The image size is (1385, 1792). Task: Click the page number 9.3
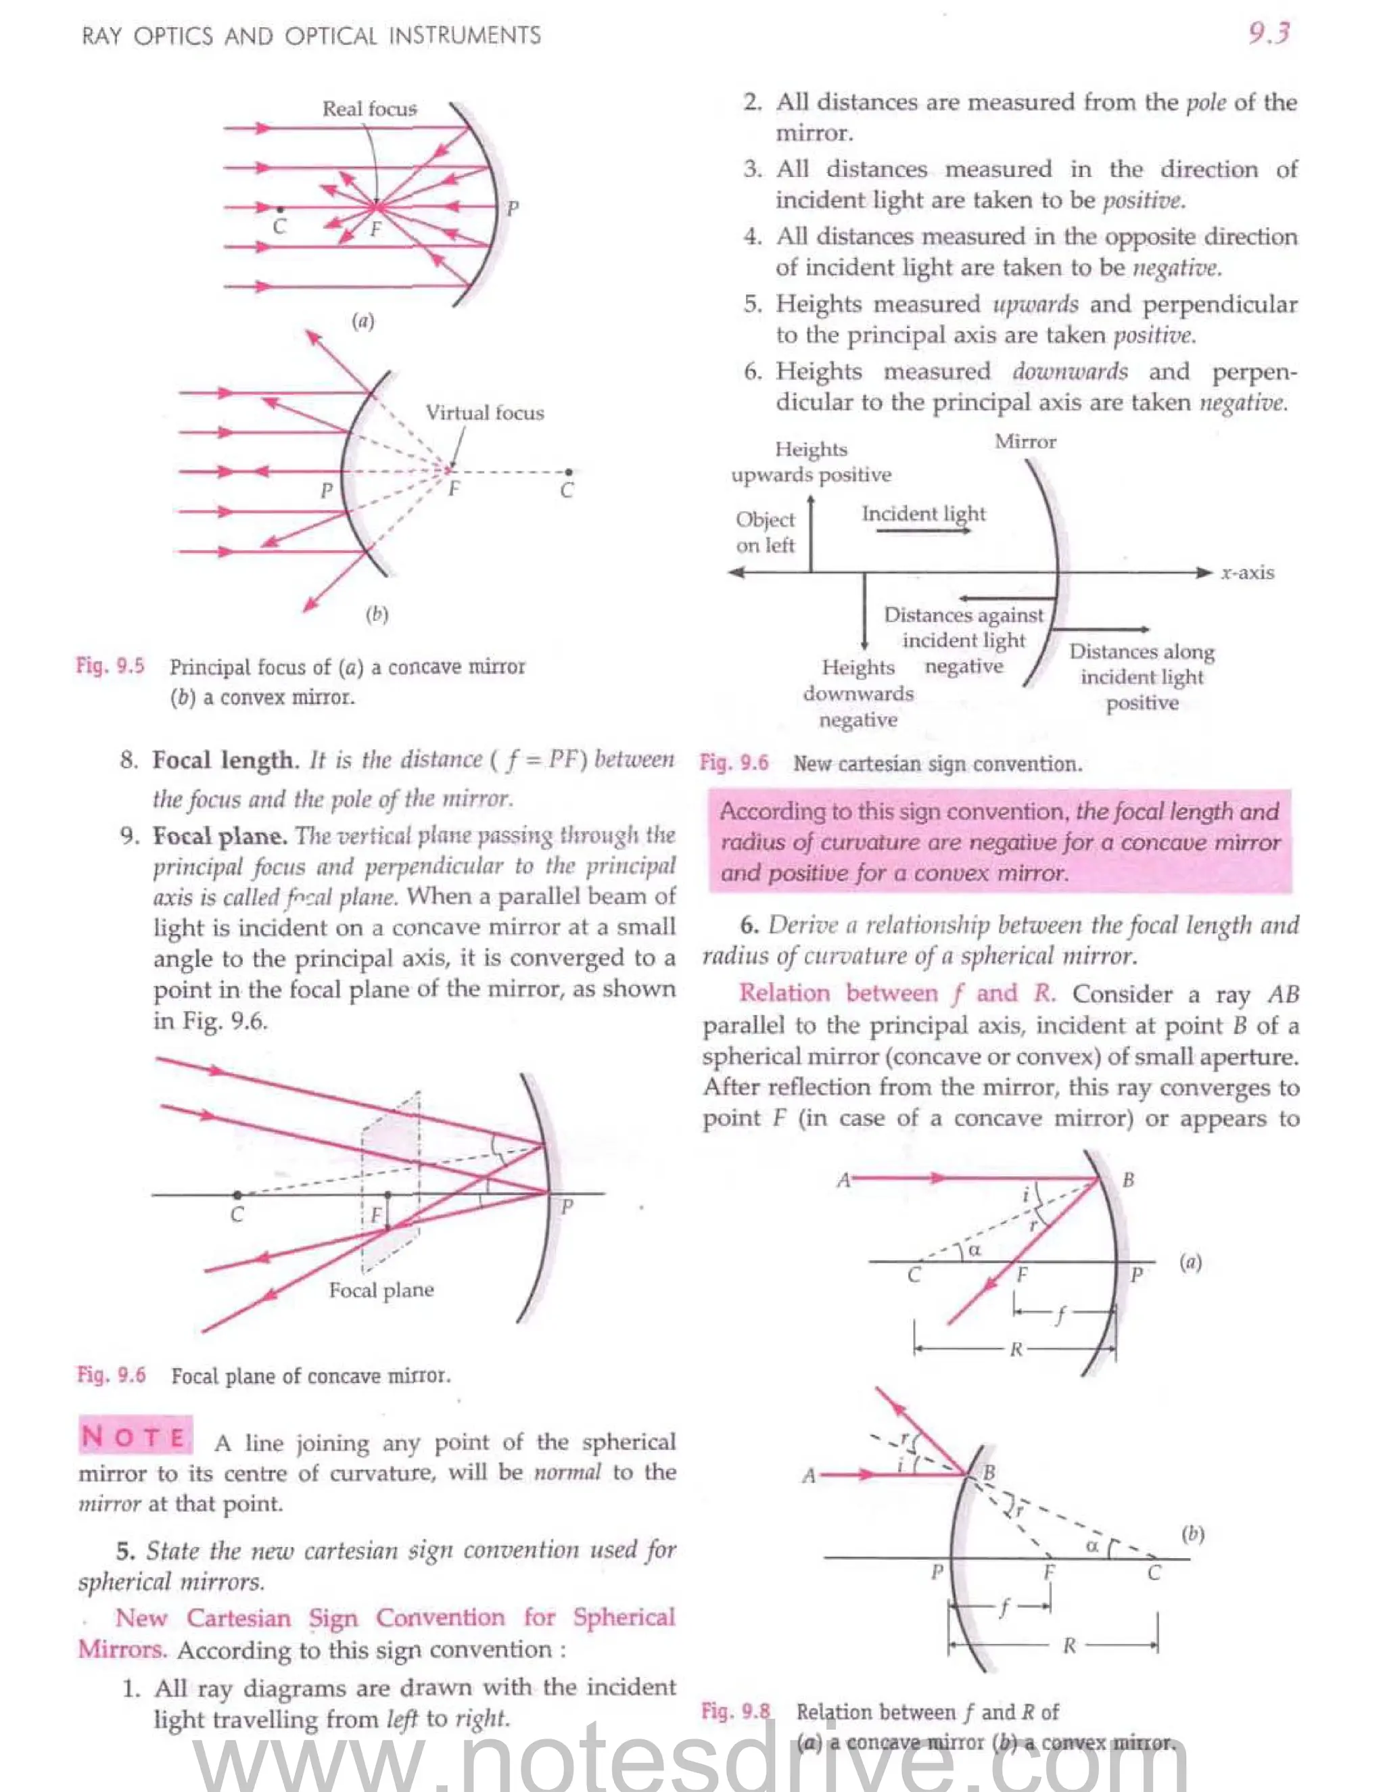(x=1269, y=34)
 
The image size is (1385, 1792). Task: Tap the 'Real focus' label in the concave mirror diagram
(x=369, y=109)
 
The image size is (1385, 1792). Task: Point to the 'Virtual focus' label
(x=484, y=412)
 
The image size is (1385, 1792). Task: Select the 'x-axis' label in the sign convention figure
(x=1247, y=573)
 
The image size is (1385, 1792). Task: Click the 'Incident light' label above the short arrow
(x=923, y=514)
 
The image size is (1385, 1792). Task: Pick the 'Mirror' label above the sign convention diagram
(x=1026, y=442)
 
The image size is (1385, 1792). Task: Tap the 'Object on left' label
(x=765, y=532)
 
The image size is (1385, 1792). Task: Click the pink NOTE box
(x=135, y=1437)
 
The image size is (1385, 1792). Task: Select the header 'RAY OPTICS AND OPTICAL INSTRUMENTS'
(x=311, y=35)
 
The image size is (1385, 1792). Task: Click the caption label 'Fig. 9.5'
(x=110, y=665)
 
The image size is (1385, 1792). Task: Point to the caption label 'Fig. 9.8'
(x=735, y=1711)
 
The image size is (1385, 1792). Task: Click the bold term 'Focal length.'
(x=223, y=761)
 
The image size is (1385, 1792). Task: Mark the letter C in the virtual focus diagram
(x=566, y=491)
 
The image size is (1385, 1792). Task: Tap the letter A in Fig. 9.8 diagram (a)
(x=843, y=1181)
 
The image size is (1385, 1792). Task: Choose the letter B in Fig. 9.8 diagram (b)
(x=989, y=1472)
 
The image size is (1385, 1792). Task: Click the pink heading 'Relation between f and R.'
(x=897, y=993)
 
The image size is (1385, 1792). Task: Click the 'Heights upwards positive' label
(x=811, y=462)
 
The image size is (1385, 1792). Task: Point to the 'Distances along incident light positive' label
(x=1142, y=677)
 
